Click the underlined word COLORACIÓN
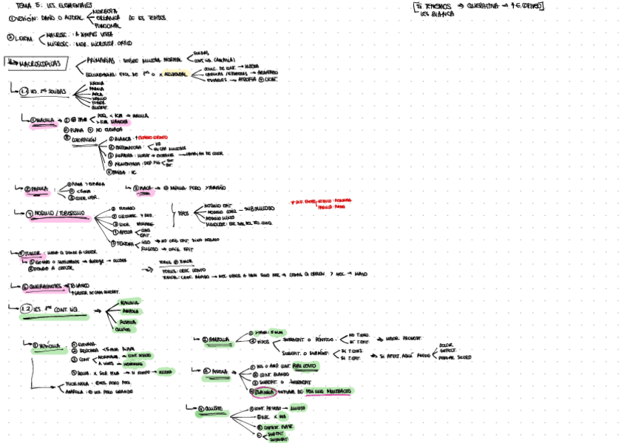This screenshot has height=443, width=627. pos(85,140)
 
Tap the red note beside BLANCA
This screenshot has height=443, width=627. pos(155,138)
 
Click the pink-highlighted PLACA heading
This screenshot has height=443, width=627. pos(146,188)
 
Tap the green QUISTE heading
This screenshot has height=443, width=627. pos(211,408)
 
